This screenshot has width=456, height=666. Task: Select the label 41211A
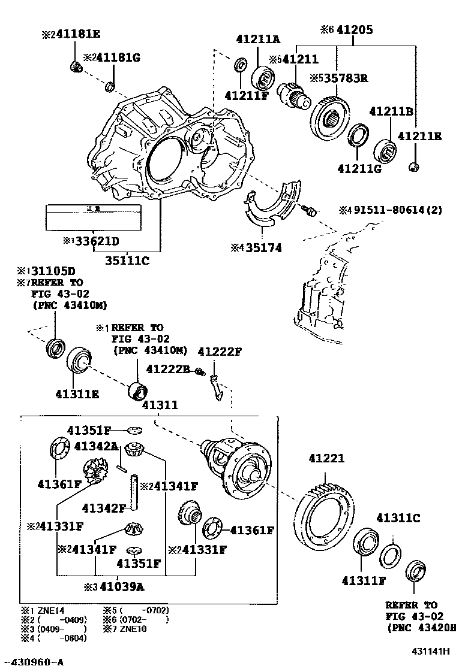pos(257,40)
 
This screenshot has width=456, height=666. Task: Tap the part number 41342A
pos(96,446)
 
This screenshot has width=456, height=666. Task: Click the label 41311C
pos(398,518)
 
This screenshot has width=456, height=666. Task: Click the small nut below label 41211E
pos(413,166)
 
